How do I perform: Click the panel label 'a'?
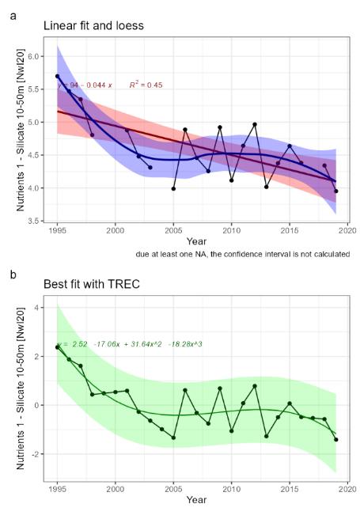(x=12, y=13)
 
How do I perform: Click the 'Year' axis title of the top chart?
(x=195, y=242)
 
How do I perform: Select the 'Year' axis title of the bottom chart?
(x=195, y=499)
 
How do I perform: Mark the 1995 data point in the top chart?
(x=57, y=76)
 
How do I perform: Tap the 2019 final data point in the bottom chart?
(x=335, y=439)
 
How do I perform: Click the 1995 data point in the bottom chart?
(x=57, y=346)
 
